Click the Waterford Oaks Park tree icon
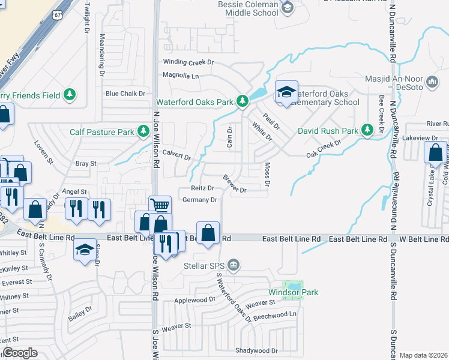click(242, 101)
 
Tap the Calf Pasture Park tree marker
click(143, 131)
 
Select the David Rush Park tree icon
click(368, 130)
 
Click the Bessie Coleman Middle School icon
click(288, 8)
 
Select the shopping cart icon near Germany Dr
click(160, 206)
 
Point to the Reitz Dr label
click(202, 188)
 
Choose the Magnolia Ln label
click(181, 76)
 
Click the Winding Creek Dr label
click(188, 62)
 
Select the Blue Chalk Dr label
click(125, 94)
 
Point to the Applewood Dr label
click(194, 299)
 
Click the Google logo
click(20, 353)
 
